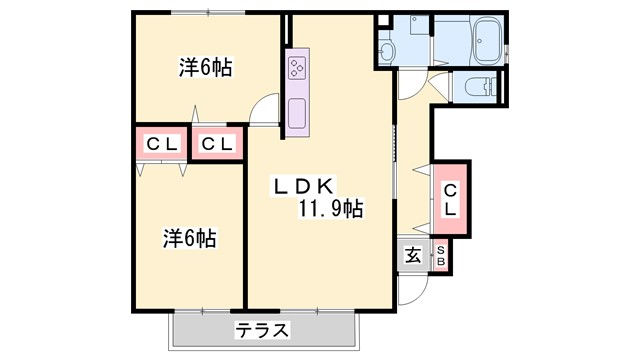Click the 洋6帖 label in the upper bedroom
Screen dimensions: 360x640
(206, 68)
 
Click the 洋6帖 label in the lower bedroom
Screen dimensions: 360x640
(191, 239)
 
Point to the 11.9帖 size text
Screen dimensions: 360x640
(330, 209)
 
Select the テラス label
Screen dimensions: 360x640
(263, 330)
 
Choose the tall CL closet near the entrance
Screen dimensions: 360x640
(451, 199)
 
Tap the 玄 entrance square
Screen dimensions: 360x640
(413, 255)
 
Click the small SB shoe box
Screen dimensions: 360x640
(440, 255)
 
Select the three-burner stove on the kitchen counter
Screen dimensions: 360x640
(298, 68)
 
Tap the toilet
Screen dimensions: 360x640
(478, 88)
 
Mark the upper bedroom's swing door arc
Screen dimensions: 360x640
(265, 108)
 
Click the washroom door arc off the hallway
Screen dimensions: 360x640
(410, 85)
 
